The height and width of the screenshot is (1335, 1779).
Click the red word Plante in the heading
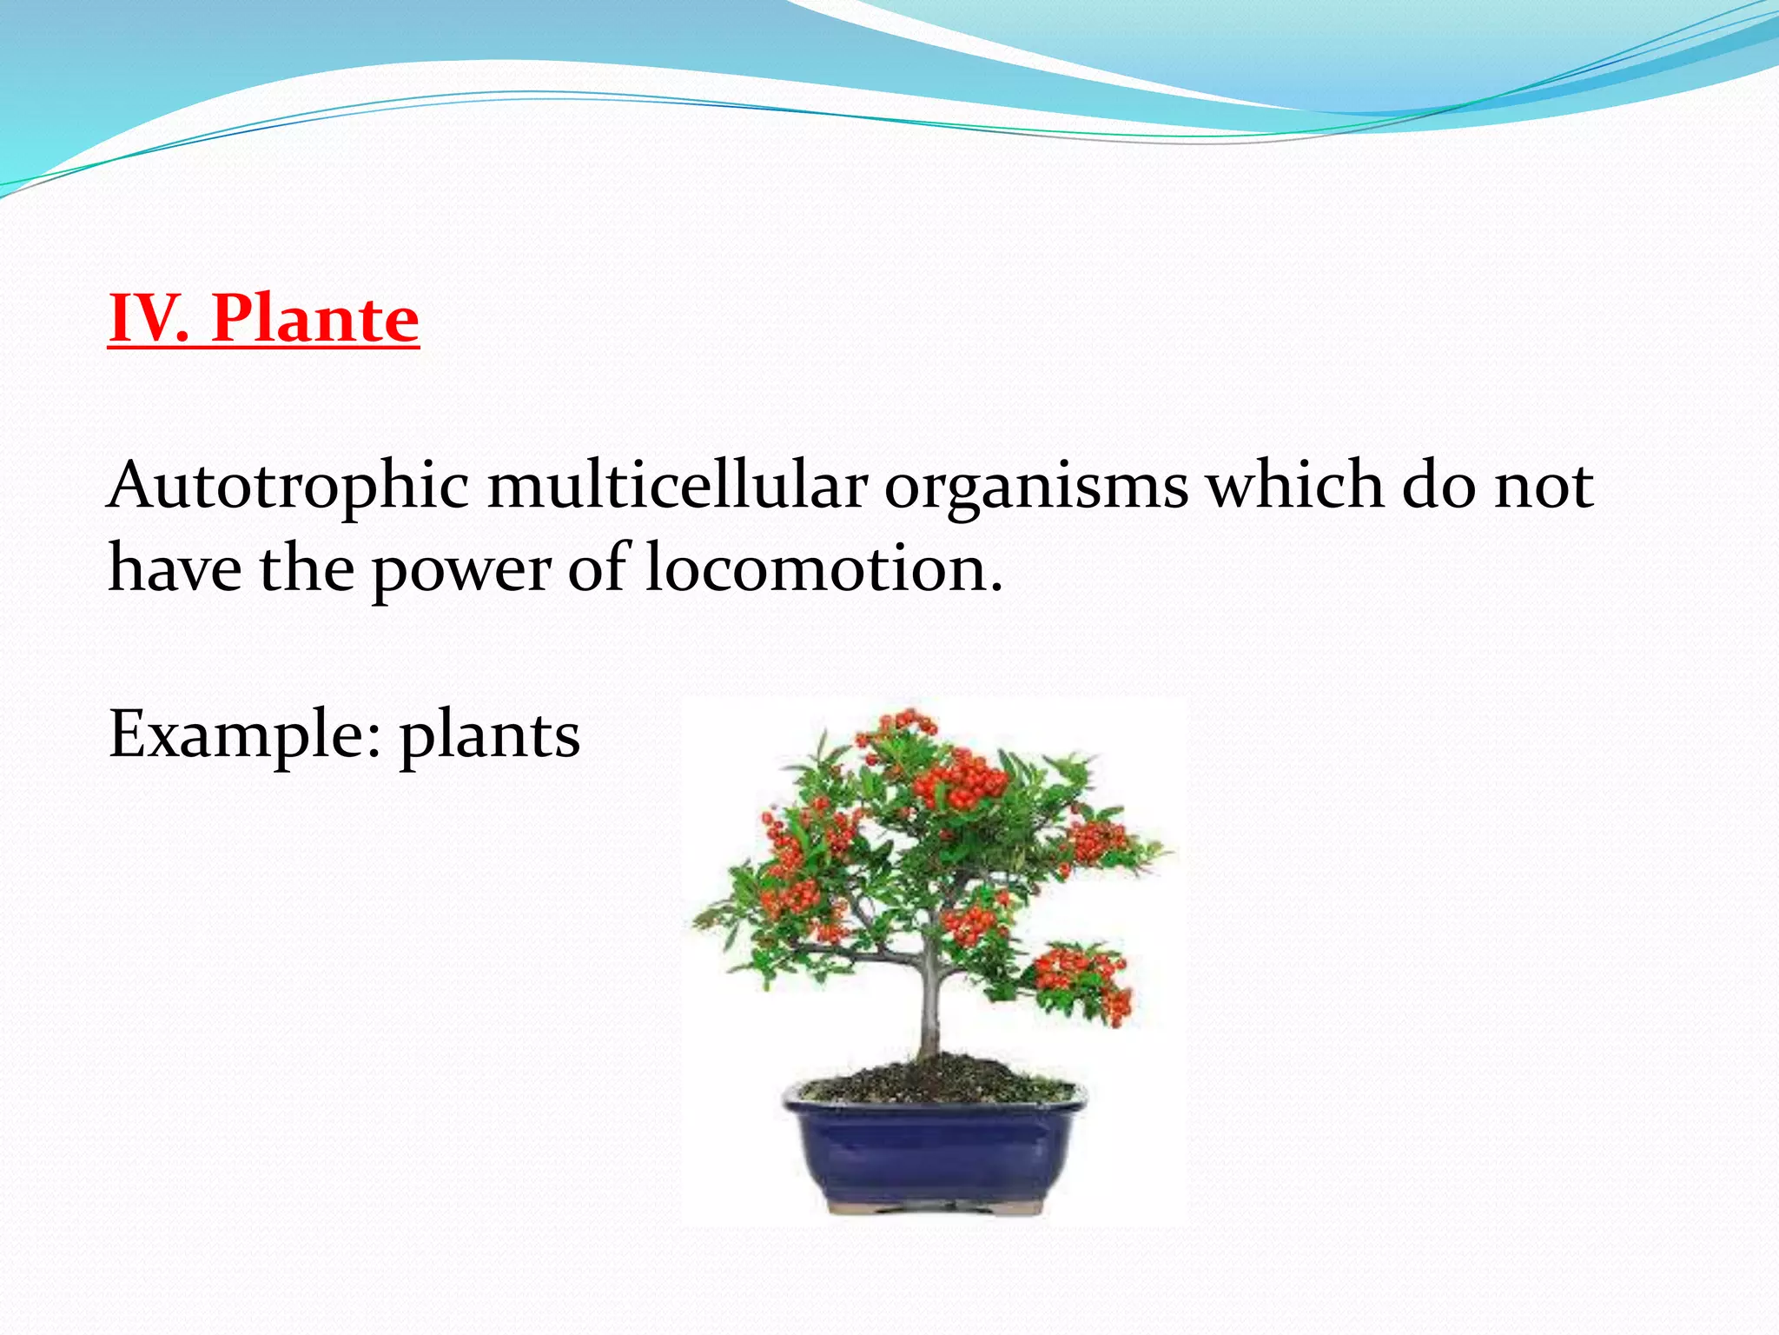tap(314, 318)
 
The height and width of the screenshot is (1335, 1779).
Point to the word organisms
tap(1035, 487)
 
